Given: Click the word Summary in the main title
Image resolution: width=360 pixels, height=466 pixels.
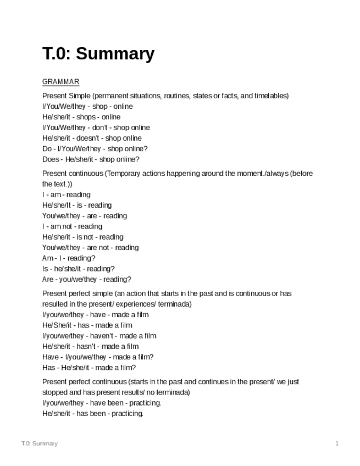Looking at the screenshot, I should tap(115, 54).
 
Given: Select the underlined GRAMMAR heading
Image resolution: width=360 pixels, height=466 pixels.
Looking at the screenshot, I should tap(60, 82).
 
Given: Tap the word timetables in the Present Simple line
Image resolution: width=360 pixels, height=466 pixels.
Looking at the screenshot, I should tap(264, 96).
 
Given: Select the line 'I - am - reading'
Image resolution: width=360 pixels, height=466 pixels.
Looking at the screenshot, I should tap(67, 195).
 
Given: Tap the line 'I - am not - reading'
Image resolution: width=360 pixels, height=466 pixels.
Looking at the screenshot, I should tap(72, 226).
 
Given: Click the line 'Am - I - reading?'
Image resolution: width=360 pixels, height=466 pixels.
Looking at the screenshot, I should tap(69, 258).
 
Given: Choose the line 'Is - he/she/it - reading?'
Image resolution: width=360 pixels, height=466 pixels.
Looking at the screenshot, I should tap(79, 269).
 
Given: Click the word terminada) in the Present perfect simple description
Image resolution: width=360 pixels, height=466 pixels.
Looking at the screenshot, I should tap(175, 304).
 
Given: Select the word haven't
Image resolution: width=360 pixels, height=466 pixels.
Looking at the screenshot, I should tap(102, 336).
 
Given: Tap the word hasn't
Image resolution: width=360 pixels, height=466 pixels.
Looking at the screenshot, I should tap(93, 346).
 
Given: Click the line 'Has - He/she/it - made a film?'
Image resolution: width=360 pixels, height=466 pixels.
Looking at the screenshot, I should tap(89, 368).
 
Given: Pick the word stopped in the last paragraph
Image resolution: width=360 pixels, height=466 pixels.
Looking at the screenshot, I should tap(55, 393).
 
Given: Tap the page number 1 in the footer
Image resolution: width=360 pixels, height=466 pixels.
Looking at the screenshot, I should tap(337, 443).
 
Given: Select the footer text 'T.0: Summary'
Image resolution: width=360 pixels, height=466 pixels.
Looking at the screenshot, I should tap(39, 443).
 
